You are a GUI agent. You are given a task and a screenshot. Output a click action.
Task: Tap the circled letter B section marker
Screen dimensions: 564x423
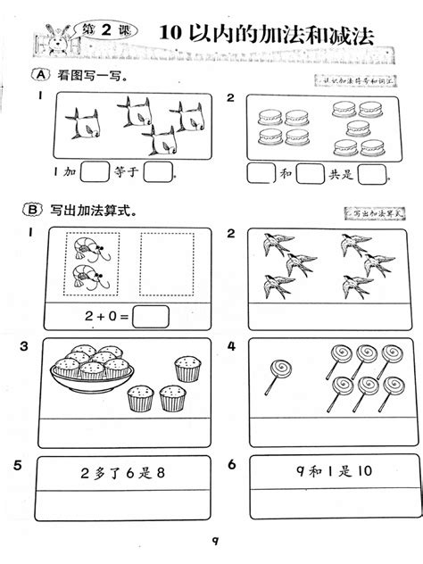pyautogui.click(x=33, y=211)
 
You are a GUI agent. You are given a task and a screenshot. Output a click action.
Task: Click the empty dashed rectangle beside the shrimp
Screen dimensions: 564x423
pyautogui.click(x=169, y=263)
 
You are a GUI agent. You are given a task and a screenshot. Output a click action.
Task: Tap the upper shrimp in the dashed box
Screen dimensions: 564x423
pyautogui.click(x=90, y=248)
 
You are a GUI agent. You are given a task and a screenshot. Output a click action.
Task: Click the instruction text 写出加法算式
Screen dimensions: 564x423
pyautogui.click(x=93, y=211)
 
